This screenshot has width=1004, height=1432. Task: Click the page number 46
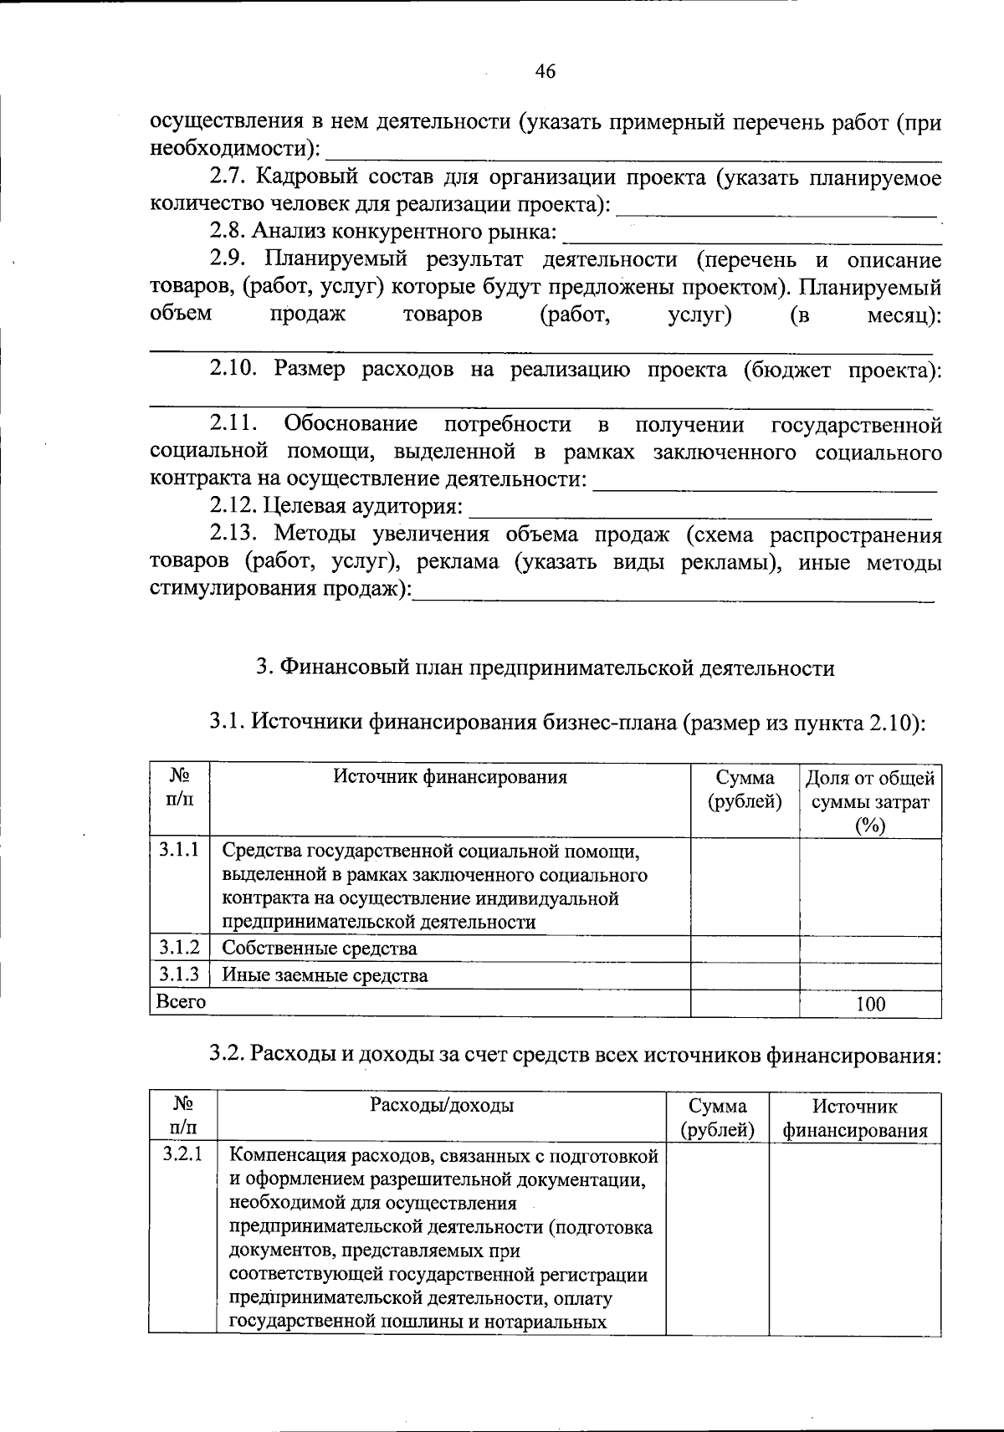tap(545, 71)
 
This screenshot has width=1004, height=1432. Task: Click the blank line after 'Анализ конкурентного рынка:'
tap(752, 234)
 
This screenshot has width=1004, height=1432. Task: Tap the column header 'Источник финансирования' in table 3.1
tap(450, 777)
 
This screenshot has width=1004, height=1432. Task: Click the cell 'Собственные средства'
tap(319, 949)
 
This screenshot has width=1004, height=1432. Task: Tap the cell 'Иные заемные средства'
tap(325, 975)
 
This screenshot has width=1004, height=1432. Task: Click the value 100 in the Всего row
tap(870, 1004)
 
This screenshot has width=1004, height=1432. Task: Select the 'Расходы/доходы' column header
tap(442, 1106)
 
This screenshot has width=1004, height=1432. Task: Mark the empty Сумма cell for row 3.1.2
tap(745, 949)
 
